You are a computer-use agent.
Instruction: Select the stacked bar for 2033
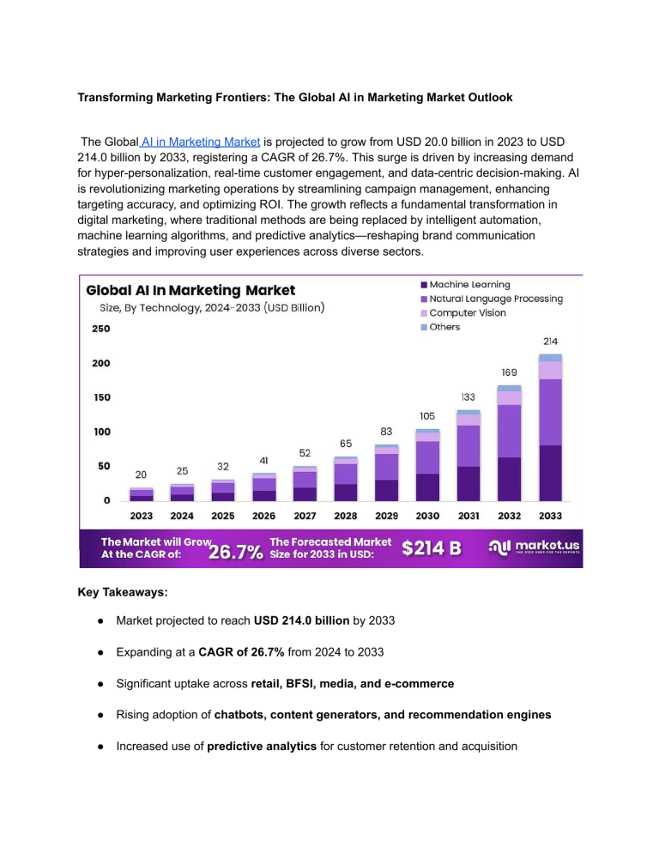pyautogui.click(x=551, y=429)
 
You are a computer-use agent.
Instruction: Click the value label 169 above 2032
pyautogui.click(x=509, y=373)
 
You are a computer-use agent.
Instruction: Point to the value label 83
pyautogui.click(x=386, y=431)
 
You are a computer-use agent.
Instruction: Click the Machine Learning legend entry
pyautogui.click(x=464, y=284)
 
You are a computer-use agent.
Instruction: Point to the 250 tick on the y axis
pyautogui.click(x=100, y=329)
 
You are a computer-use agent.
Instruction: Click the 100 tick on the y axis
pyautogui.click(x=100, y=432)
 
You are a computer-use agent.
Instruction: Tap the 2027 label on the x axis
pyautogui.click(x=305, y=517)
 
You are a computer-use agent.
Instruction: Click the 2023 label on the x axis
pyautogui.click(x=142, y=517)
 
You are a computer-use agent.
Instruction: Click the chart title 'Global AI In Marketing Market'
pyautogui.click(x=190, y=290)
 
